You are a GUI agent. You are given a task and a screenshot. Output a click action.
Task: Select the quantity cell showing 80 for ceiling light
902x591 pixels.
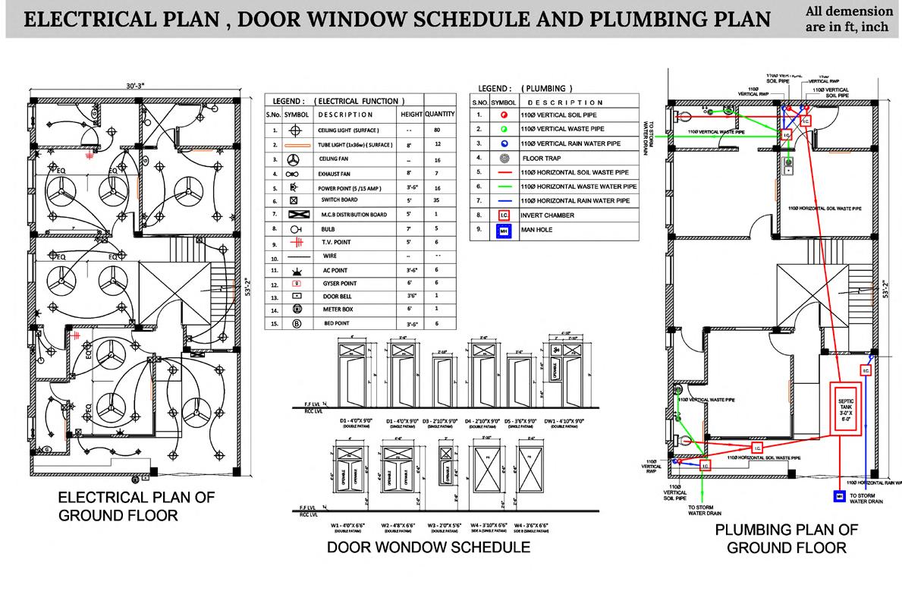[439, 130]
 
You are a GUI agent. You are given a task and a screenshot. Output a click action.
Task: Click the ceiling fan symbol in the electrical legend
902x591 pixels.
[293, 159]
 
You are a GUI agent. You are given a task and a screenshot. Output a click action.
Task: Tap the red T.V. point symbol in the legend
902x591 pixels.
[293, 243]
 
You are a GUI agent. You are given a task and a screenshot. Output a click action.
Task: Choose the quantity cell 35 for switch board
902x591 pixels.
[439, 200]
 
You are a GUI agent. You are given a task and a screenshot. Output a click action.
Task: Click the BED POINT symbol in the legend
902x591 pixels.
[293, 322]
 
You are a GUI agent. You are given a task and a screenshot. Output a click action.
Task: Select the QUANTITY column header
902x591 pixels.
[439, 115]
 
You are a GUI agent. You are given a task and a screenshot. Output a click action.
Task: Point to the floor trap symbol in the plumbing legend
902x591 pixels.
[504, 159]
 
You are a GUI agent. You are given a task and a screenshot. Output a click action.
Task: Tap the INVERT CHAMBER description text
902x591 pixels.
[548, 215]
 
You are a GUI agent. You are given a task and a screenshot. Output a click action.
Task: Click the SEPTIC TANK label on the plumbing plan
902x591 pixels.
[845, 405]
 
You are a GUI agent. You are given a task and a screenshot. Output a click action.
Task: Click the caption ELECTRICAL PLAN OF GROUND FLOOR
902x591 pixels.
[137, 507]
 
